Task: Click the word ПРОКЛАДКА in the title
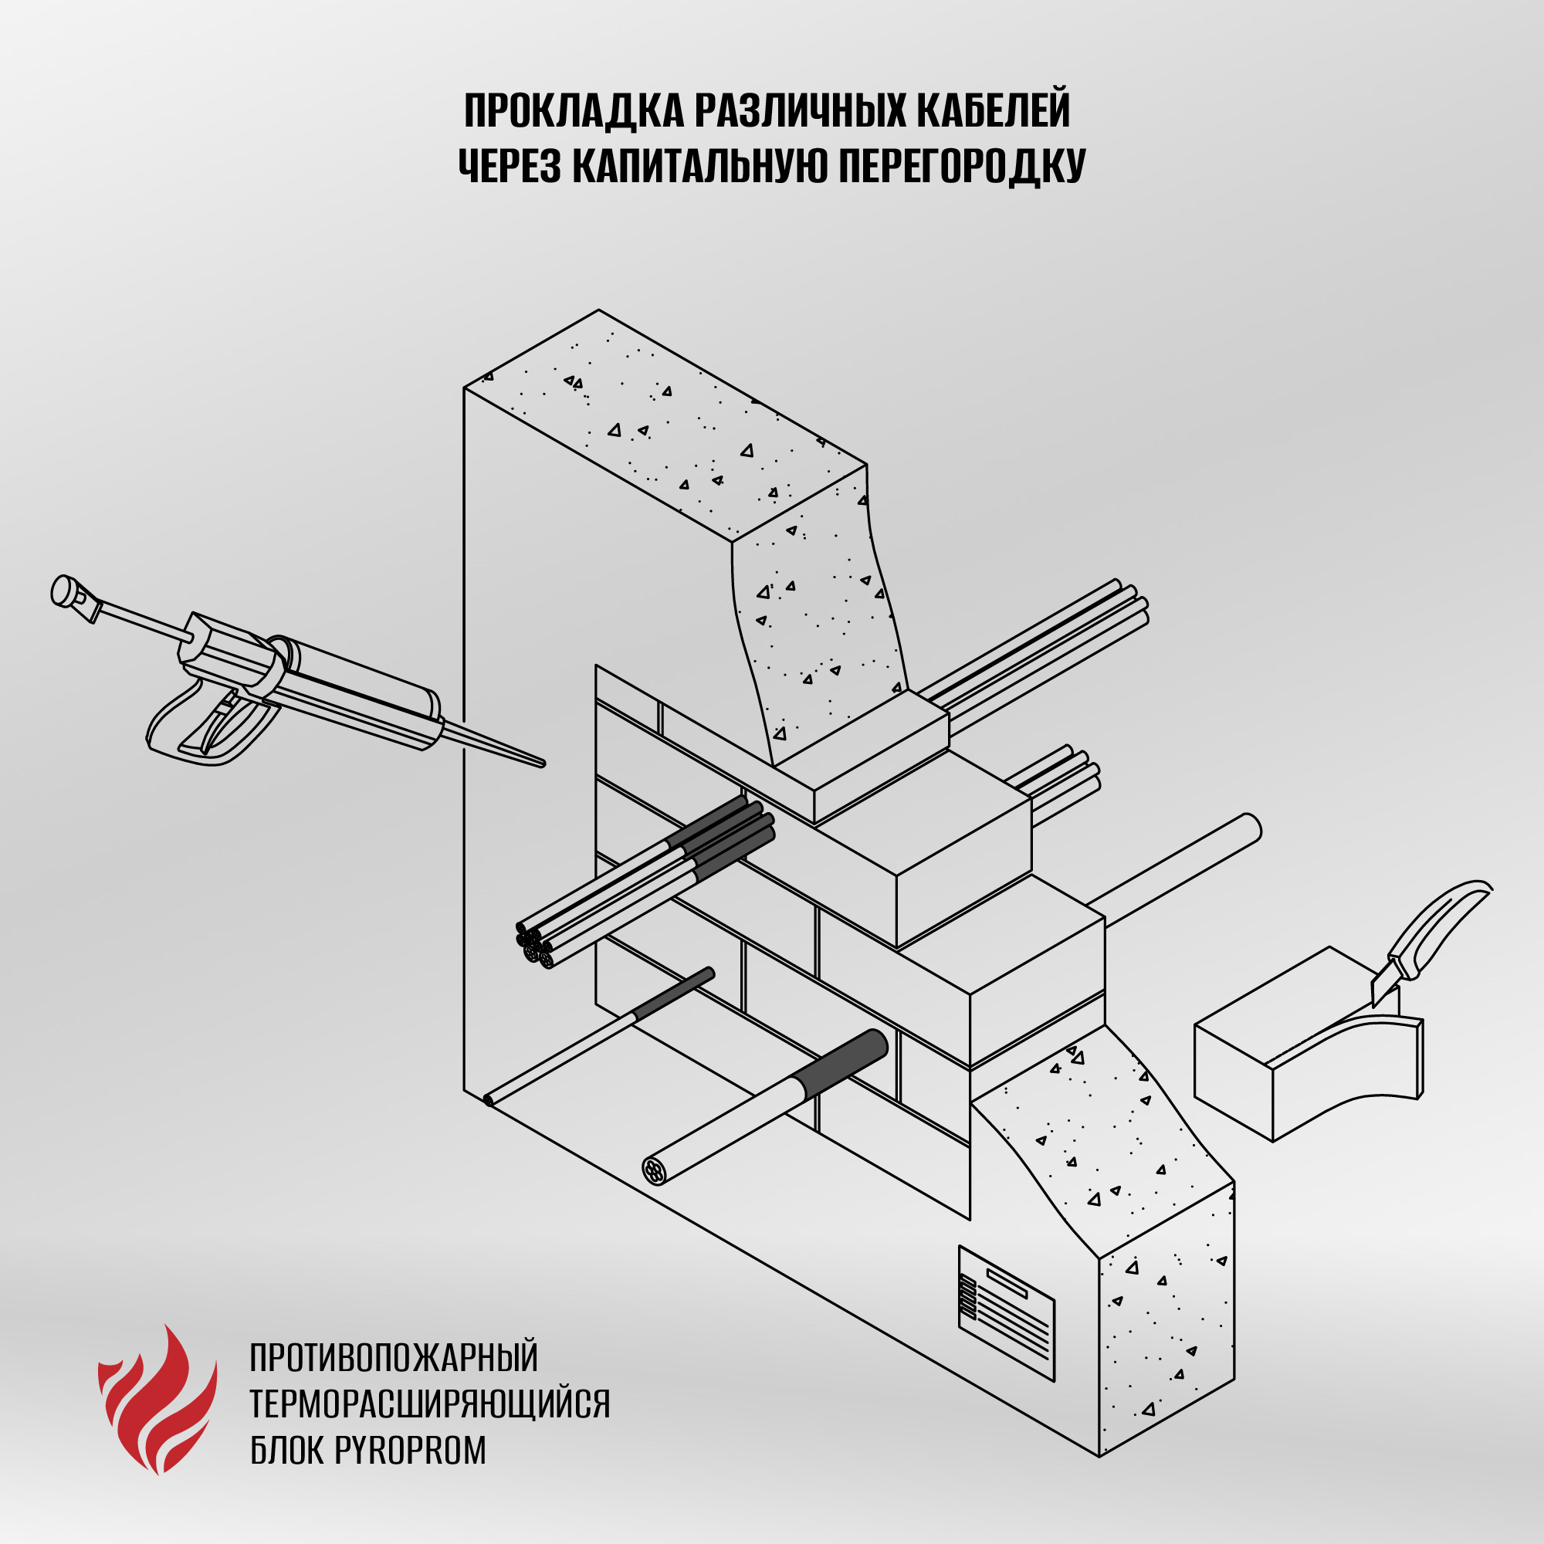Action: pos(574,110)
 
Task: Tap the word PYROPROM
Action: pos(410,1450)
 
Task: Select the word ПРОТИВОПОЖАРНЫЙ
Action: pos(394,1358)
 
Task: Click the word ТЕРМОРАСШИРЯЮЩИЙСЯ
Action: pos(430,1403)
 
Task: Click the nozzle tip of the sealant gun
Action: pos(543,764)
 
